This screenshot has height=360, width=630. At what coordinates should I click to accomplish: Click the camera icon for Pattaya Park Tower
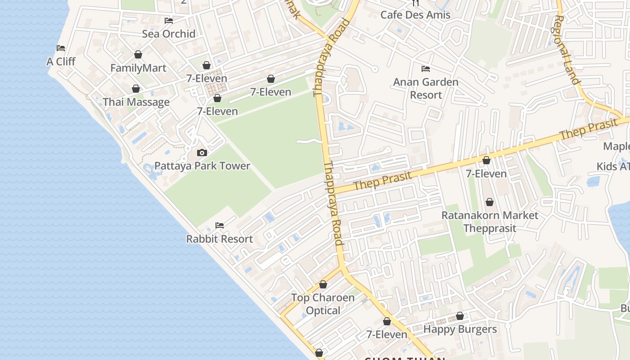click(202, 153)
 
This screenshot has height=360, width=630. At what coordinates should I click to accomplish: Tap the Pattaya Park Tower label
click(202, 166)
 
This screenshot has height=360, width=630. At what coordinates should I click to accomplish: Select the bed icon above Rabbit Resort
click(220, 225)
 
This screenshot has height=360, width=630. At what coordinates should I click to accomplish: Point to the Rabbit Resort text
click(220, 239)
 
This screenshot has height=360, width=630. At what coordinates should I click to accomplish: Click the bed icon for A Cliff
click(61, 48)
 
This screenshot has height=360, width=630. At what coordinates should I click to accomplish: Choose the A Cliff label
click(61, 62)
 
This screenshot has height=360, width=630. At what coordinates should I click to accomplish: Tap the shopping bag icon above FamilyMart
click(138, 54)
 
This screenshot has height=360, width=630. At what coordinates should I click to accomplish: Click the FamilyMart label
click(138, 68)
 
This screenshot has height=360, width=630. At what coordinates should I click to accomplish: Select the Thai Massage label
click(136, 102)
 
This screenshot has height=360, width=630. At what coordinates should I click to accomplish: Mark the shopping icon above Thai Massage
click(135, 89)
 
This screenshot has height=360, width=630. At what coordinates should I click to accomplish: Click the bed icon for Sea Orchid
click(169, 20)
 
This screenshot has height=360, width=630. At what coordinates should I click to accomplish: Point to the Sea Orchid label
click(169, 34)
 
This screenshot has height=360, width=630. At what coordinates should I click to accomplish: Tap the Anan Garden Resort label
click(426, 89)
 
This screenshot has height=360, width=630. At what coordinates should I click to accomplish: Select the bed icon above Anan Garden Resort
click(426, 69)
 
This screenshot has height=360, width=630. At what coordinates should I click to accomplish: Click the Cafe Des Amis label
click(415, 15)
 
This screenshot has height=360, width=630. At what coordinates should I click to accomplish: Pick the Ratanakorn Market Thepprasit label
click(490, 222)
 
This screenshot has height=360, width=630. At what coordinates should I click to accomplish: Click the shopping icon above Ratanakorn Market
click(489, 202)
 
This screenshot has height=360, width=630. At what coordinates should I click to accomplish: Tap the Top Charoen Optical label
click(323, 304)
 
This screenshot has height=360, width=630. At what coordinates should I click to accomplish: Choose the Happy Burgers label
click(460, 329)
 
